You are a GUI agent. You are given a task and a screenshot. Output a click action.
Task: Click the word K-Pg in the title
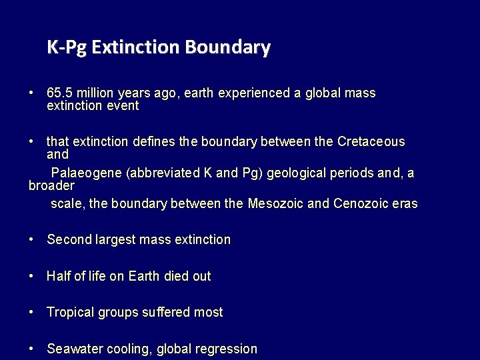coord(67,48)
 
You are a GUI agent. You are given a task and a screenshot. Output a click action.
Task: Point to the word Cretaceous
coord(371,142)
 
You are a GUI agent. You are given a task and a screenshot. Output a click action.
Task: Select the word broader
coord(51,185)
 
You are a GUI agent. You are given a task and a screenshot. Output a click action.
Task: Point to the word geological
coord(297,173)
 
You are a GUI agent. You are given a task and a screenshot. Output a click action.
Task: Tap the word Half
coord(58,276)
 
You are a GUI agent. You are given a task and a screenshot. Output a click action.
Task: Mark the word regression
coord(227,349)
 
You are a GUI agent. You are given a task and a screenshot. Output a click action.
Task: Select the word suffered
coord(165,313)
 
